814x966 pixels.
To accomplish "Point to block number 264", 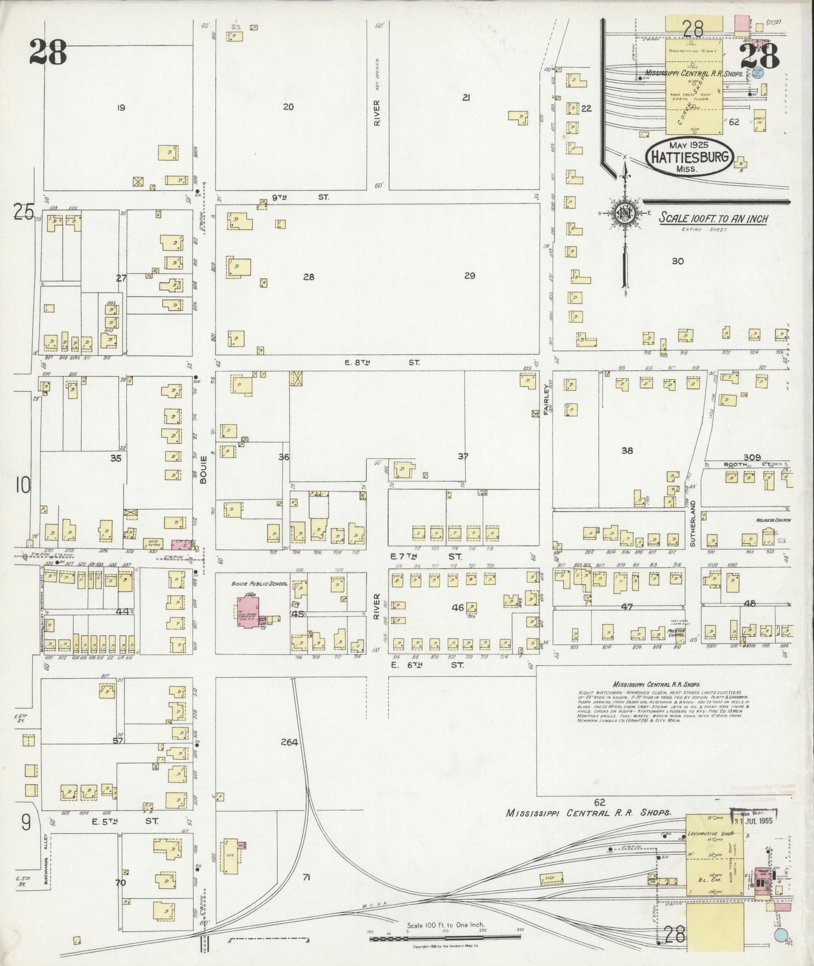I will point(289,742).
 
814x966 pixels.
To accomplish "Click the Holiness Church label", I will point(773,520).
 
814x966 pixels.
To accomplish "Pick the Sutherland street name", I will point(693,524).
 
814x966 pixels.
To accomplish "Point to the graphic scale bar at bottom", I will point(445,938).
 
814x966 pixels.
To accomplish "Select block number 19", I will point(120,107).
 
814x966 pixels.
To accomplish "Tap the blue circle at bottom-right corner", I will point(781,935).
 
